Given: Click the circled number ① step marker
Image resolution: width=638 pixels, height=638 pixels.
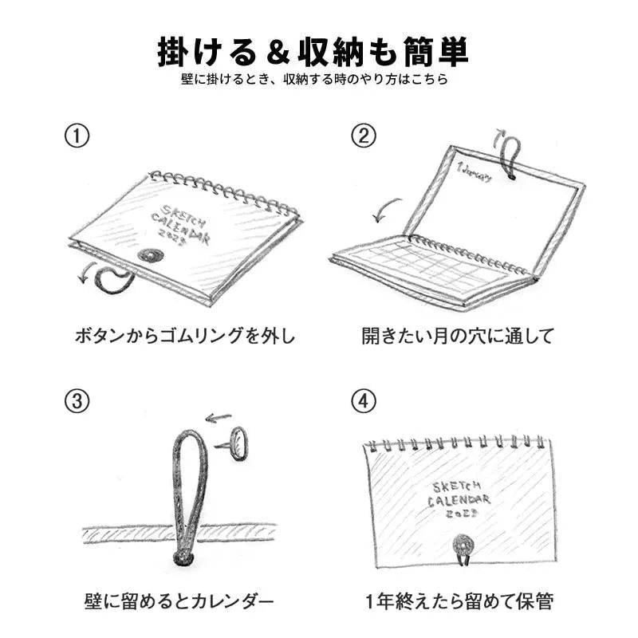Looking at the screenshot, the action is (x=77, y=136).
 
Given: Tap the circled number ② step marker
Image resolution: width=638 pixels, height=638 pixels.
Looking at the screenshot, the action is (x=364, y=136).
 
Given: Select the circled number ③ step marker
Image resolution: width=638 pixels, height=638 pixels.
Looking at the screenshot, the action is (x=77, y=401).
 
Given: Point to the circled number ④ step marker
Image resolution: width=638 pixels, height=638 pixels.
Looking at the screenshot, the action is (x=364, y=401).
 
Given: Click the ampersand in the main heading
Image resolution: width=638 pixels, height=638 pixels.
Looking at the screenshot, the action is (x=278, y=53).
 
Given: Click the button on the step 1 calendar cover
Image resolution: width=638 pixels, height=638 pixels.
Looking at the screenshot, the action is (x=151, y=255).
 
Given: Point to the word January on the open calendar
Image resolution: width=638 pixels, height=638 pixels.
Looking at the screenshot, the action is (x=475, y=171).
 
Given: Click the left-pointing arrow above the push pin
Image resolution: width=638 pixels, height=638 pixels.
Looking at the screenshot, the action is (x=219, y=417).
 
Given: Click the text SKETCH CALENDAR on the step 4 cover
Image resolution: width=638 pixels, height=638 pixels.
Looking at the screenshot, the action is (x=459, y=494).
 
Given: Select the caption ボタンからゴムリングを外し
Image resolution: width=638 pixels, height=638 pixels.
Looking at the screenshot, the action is (x=185, y=336).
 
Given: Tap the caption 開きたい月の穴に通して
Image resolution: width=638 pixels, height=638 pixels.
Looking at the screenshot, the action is (x=458, y=336).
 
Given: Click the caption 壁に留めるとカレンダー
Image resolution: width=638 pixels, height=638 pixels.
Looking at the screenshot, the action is (x=179, y=601).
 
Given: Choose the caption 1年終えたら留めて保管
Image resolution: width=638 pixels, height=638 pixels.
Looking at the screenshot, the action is (x=459, y=601).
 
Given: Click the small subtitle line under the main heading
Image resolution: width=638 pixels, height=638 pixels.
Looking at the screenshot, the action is (x=314, y=78).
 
